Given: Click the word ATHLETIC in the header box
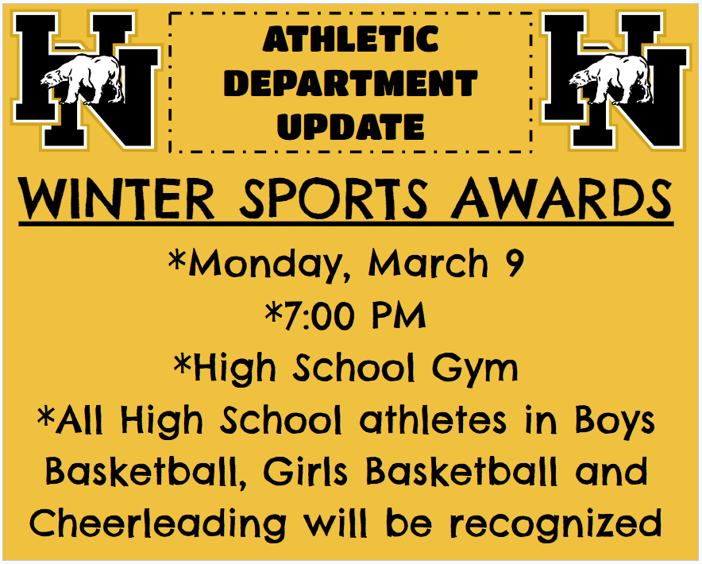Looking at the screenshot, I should click(350, 39).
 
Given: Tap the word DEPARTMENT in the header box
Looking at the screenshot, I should click(350, 83).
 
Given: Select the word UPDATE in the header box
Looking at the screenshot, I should click(350, 126).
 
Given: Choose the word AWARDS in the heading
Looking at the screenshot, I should click(561, 199).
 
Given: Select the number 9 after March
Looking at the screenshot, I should click(514, 264).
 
